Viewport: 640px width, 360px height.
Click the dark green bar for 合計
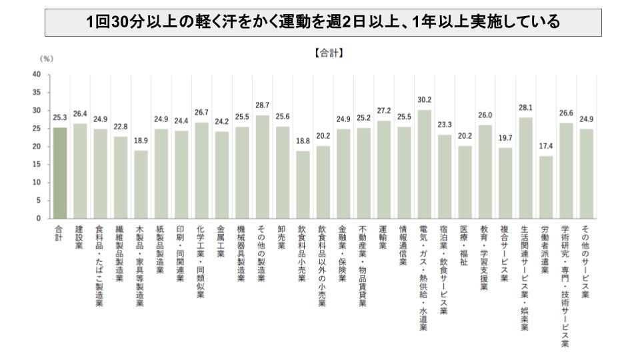(59, 173)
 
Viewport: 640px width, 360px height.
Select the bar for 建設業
(79, 171)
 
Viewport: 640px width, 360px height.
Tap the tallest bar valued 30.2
(425, 164)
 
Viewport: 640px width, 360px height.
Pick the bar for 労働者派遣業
(546, 187)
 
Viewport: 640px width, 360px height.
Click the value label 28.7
(262, 106)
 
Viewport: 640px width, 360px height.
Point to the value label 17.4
(546, 147)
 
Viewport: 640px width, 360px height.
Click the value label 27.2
(384, 111)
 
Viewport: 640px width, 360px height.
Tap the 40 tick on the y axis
(37, 74)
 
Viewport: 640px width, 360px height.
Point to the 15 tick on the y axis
(37, 164)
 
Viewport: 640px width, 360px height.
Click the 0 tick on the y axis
(39, 218)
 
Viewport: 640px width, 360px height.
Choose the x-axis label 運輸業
(384, 238)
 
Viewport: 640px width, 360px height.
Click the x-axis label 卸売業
(282, 238)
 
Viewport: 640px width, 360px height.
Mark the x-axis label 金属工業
(221, 243)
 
